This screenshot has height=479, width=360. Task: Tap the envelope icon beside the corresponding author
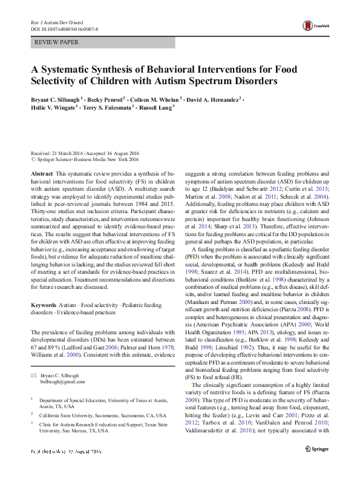(34, 359)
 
